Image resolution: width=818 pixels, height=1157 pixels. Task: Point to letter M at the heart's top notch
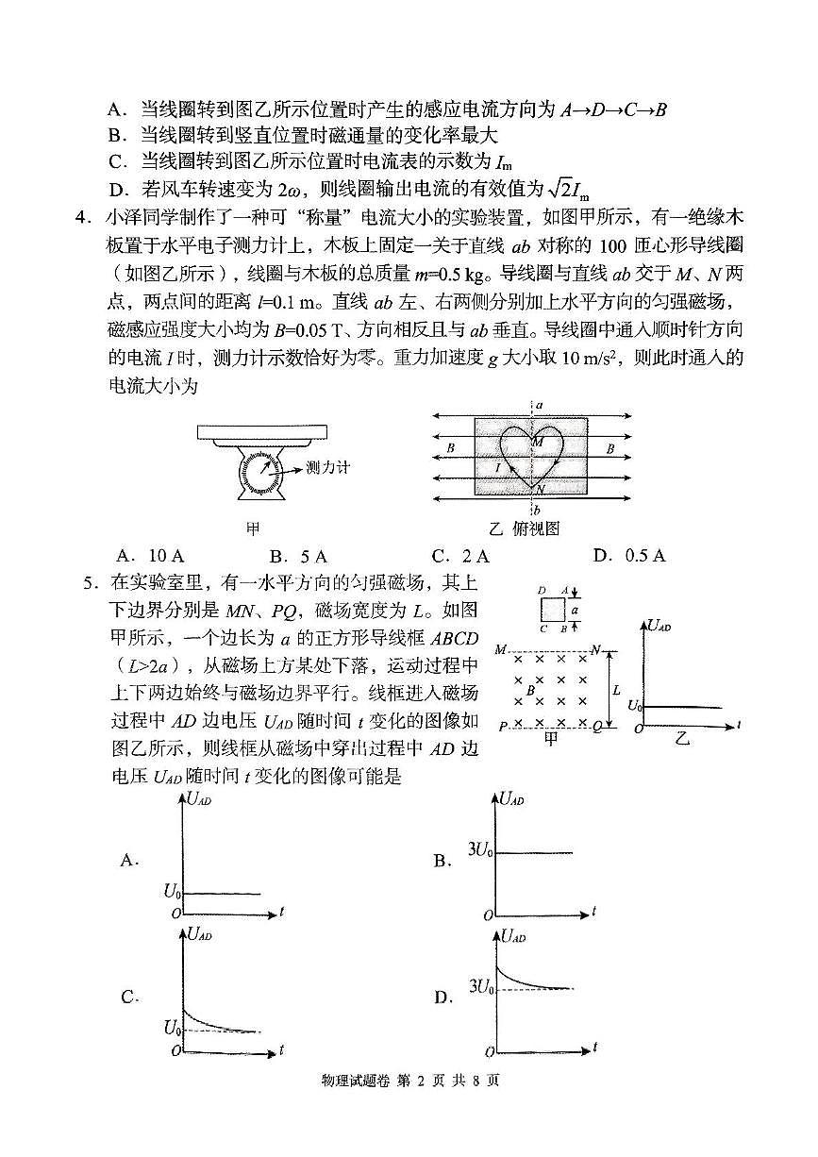click(x=538, y=442)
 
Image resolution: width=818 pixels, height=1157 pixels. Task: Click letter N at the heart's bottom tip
click(x=539, y=489)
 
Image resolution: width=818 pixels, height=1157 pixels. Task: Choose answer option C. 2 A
click(x=460, y=556)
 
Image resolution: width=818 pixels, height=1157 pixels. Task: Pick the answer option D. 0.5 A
click(x=628, y=556)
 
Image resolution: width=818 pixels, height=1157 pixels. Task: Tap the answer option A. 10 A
click(x=146, y=556)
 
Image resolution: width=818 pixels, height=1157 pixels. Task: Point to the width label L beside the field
click(x=616, y=689)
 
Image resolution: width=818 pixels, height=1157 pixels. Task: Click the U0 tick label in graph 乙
click(x=635, y=706)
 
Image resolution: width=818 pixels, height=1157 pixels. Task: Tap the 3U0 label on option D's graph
click(x=480, y=988)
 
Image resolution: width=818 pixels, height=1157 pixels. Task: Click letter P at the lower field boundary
click(x=503, y=725)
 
